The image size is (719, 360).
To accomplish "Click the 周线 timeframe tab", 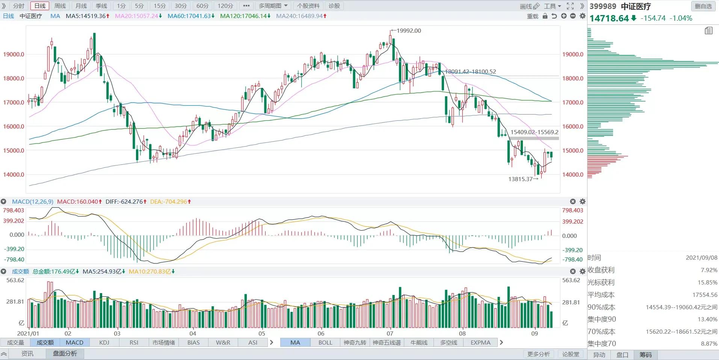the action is point(60,6).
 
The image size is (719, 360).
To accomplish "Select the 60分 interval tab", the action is point(202,6).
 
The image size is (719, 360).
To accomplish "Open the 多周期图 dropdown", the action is point(273,6).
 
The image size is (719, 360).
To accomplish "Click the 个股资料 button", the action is point(308,6).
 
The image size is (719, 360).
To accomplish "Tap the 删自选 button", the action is point(703,6).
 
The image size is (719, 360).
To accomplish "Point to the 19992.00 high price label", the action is point(409,31).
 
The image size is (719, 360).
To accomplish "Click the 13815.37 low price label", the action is point(520,179).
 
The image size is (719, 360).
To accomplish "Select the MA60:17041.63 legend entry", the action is point(191,16).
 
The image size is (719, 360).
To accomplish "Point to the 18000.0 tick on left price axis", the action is point(14,79).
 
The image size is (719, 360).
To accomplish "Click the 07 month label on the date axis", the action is point(390,333).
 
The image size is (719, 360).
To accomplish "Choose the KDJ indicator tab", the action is point(104,343).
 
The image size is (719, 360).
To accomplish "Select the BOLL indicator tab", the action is point(325,343).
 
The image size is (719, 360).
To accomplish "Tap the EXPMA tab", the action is point(480,343).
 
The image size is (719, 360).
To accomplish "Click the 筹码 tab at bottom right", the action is point(645,355).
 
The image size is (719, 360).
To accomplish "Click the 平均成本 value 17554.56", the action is point(705,295).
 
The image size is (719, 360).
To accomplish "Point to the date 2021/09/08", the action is point(701,258).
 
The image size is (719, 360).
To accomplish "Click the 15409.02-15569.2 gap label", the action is point(534,132).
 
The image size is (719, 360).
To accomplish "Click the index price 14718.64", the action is point(609,18).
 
